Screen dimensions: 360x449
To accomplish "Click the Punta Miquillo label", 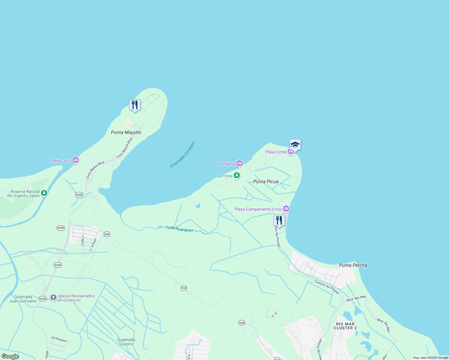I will (x=126, y=132).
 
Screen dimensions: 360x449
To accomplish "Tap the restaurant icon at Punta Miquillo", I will (x=135, y=105).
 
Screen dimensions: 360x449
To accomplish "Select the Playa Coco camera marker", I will (x=76, y=160).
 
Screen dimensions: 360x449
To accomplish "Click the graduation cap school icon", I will (x=295, y=145).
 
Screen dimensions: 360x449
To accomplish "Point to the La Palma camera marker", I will (x=239, y=163).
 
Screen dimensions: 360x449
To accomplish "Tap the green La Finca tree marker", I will (x=237, y=175).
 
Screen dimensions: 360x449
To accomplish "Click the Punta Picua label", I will (x=266, y=181).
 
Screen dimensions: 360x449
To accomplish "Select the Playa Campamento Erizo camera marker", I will (x=286, y=208).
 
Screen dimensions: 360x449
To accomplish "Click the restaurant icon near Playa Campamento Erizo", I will (x=279, y=220).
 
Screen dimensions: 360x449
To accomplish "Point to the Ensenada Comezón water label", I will (x=182, y=154).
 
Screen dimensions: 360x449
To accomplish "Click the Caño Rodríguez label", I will (x=179, y=229).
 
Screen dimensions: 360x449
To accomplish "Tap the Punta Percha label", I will (x=353, y=265).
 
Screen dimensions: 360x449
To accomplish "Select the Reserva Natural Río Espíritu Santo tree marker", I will (x=44, y=193).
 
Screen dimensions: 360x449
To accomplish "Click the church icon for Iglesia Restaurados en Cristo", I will (x=53, y=298).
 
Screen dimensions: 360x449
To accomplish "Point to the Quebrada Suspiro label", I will (x=126, y=342).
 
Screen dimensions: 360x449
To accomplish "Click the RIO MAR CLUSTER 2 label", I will (x=345, y=326).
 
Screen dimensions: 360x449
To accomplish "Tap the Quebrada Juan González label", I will (x=23, y=299).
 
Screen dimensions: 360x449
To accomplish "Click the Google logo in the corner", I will (x=10, y=356).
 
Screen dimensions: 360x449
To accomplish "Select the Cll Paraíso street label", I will (x=59, y=339).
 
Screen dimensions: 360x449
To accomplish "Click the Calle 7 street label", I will (x=83, y=240).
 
